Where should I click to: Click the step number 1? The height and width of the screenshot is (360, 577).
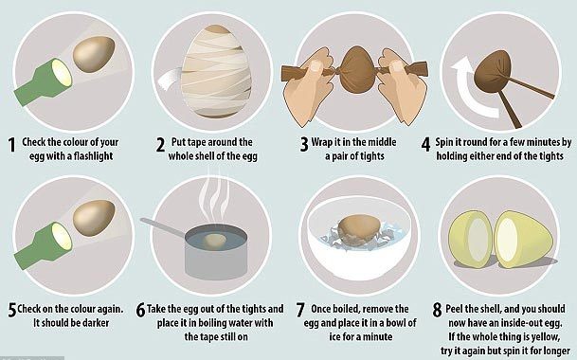tap(12, 145)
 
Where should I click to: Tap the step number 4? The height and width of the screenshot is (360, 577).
tap(425, 145)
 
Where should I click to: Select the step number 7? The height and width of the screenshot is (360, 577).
tap(300, 310)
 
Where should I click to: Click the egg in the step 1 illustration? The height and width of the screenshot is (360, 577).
tap(94, 54)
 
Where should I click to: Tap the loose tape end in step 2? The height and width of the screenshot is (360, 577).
tap(171, 80)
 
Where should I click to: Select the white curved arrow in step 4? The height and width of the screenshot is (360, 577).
tap(466, 88)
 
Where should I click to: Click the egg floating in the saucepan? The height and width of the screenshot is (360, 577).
tap(215, 241)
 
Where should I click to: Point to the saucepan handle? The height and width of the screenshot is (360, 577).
tap(163, 227)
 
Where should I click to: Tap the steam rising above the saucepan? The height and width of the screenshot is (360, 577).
tap(214, 195)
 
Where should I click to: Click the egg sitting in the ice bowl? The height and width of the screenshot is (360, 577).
tap(359, 229)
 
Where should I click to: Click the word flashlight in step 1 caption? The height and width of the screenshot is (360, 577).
tap(93, 156)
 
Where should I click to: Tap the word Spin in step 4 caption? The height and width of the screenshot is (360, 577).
tap(444, 143)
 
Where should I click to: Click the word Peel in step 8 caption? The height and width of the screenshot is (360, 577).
tap(455, 309)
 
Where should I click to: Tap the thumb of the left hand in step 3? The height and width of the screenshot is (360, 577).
tap(315, 66)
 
